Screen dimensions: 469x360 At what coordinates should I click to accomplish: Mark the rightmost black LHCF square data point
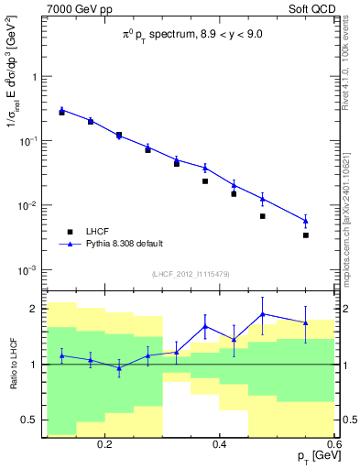coord(306,235)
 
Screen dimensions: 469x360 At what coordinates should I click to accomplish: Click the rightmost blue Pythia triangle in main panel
coord(306,221)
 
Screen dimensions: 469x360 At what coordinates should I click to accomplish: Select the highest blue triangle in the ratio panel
coord(263,314)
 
